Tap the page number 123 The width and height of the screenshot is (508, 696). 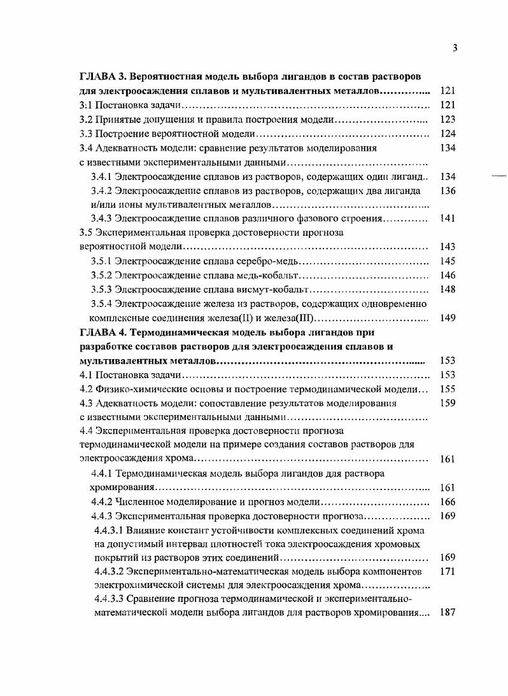448,119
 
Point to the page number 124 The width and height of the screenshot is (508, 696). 448,134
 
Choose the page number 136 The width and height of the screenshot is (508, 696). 448,191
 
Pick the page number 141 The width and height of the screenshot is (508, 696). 448,219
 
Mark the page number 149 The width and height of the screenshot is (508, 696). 448,318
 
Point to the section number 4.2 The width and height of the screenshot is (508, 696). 86,389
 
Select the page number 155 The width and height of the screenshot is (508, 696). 448,389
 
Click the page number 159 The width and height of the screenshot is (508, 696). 448,403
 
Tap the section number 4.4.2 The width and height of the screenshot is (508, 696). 102,502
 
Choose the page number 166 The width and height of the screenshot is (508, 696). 448,502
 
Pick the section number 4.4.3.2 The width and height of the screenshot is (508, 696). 109,571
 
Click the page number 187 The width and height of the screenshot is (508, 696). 448,613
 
